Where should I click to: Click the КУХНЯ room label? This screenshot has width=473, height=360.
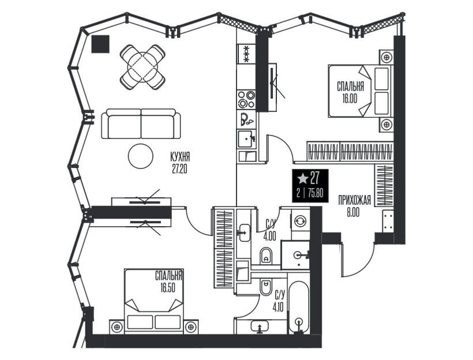point(180,157)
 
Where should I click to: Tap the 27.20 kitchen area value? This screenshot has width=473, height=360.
point(180,169)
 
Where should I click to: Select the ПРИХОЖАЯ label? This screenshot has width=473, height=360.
point(354,200)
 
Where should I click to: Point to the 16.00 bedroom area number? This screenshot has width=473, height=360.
point(350,99)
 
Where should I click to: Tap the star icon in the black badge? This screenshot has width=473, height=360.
point(303,179)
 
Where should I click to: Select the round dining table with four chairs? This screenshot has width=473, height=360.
point(142,67)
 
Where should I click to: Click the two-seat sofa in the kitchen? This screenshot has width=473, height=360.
point(141,123)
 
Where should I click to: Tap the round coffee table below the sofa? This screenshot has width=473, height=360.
point(141,156)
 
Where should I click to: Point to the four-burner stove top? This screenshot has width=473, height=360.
point(246,99)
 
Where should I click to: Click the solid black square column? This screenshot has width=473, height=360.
point(100,44)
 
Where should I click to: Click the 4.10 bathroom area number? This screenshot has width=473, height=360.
point(279,308)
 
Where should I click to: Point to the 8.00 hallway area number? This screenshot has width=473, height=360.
point(353,213)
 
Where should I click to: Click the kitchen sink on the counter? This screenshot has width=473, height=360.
point(246,138)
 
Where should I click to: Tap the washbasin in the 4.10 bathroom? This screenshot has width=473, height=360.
point(259,326)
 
